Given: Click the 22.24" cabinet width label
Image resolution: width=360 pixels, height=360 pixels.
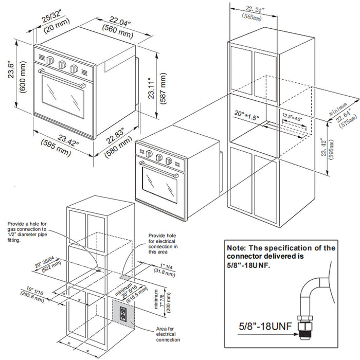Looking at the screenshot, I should pos(256,9).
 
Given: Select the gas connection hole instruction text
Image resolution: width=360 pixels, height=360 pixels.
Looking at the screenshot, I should pos(28,232).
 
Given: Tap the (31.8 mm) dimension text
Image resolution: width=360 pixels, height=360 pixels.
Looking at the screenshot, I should pos(167,273).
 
